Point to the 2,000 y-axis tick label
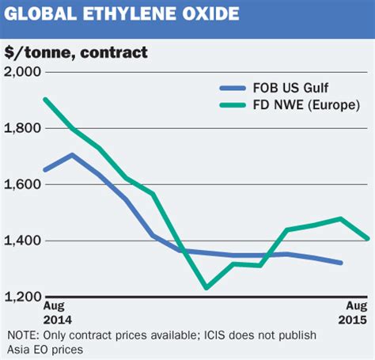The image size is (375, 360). [24, 72]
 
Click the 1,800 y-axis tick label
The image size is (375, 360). [24, 128]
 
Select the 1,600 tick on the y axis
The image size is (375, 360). [24, 184]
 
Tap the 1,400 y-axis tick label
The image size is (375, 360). [24, 241]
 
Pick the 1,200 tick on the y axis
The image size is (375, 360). [24, 297]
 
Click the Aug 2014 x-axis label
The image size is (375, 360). [57, 312]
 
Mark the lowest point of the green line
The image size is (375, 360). [206, 288]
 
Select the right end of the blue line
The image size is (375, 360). [341, 263]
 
